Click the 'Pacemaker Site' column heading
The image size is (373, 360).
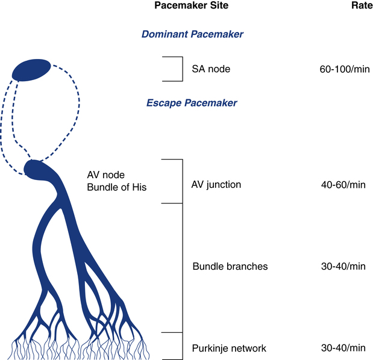pyautogui.click(x=192, y=5)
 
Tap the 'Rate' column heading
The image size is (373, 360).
pyautogui.click(x=362, y=5)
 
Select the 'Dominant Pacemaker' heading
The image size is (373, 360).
pyautogui.click(x=192, y=34)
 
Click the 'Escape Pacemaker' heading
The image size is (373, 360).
pyautogui.click(x=192, y=103)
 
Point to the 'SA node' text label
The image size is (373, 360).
pyautogui.click(x=211, y=69)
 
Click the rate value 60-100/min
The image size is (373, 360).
pyautogui.click(x=345, y=69)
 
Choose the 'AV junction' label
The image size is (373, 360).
pyautogui.click(x=216, y=185)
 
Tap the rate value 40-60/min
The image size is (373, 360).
pyautogui.click(x=343, y=185)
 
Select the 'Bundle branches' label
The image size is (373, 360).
pyautogui.click(x=230, y=266)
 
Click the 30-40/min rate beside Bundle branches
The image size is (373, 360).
pyautogui.click(x=343, y=266)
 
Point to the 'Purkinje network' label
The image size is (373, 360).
pyautogui.click(x=229, y=349)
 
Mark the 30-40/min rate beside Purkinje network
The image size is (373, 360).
pyautogui.click(x=343, y=348)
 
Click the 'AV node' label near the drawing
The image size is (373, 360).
pyautogui.click(x=106, y=175)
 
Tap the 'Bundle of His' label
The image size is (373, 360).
pyautogui.click(x=117, y=187)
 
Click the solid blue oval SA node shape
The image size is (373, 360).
pyautogui.click(x=31, y=70)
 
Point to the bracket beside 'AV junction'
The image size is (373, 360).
pyautogui.click(x=183, y=181)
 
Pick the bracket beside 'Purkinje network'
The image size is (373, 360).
pyautogui.click(x=183, y=346)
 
